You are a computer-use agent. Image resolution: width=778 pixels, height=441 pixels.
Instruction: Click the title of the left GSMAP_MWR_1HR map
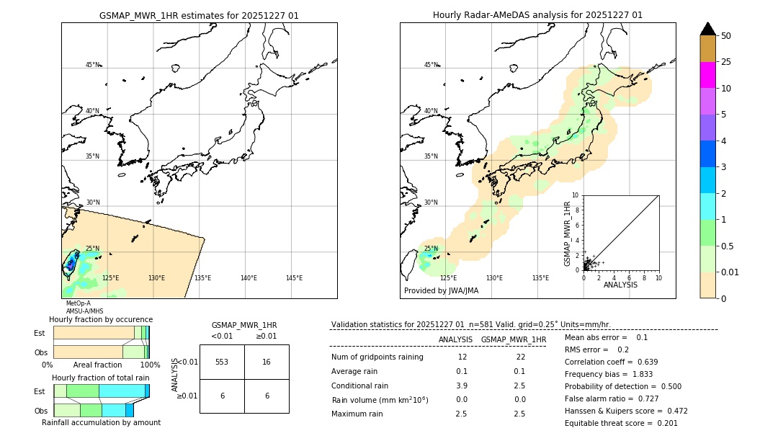(199, 15)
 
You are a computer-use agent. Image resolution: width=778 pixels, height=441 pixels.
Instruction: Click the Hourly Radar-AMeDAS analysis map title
(537, 15)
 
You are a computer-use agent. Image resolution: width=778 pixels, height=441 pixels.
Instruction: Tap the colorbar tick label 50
(726, 35)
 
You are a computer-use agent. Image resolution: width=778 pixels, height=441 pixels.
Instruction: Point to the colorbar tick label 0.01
(730, 272)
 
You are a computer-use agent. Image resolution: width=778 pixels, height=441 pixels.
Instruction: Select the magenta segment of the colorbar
(707, 75)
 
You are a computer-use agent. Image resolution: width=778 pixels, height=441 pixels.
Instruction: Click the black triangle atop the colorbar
(707, 29)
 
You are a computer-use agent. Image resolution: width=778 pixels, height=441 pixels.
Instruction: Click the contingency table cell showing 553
(222, 362)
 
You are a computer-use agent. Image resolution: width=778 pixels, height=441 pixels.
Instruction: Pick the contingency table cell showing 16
(267, 362)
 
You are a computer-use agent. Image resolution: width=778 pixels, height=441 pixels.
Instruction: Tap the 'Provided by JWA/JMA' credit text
(441, 290)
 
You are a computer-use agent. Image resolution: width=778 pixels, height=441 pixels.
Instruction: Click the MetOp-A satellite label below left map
(79, 303)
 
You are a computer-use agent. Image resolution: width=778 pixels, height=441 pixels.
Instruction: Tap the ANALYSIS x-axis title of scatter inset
(620, 285)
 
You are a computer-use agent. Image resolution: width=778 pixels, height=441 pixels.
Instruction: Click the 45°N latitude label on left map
(93, 65)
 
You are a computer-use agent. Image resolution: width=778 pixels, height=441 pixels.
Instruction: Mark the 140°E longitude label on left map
(249, 278)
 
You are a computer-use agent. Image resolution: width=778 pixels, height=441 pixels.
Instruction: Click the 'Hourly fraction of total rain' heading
(101, 378)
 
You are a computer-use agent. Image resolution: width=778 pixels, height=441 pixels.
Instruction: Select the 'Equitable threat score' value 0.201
(663, 423)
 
